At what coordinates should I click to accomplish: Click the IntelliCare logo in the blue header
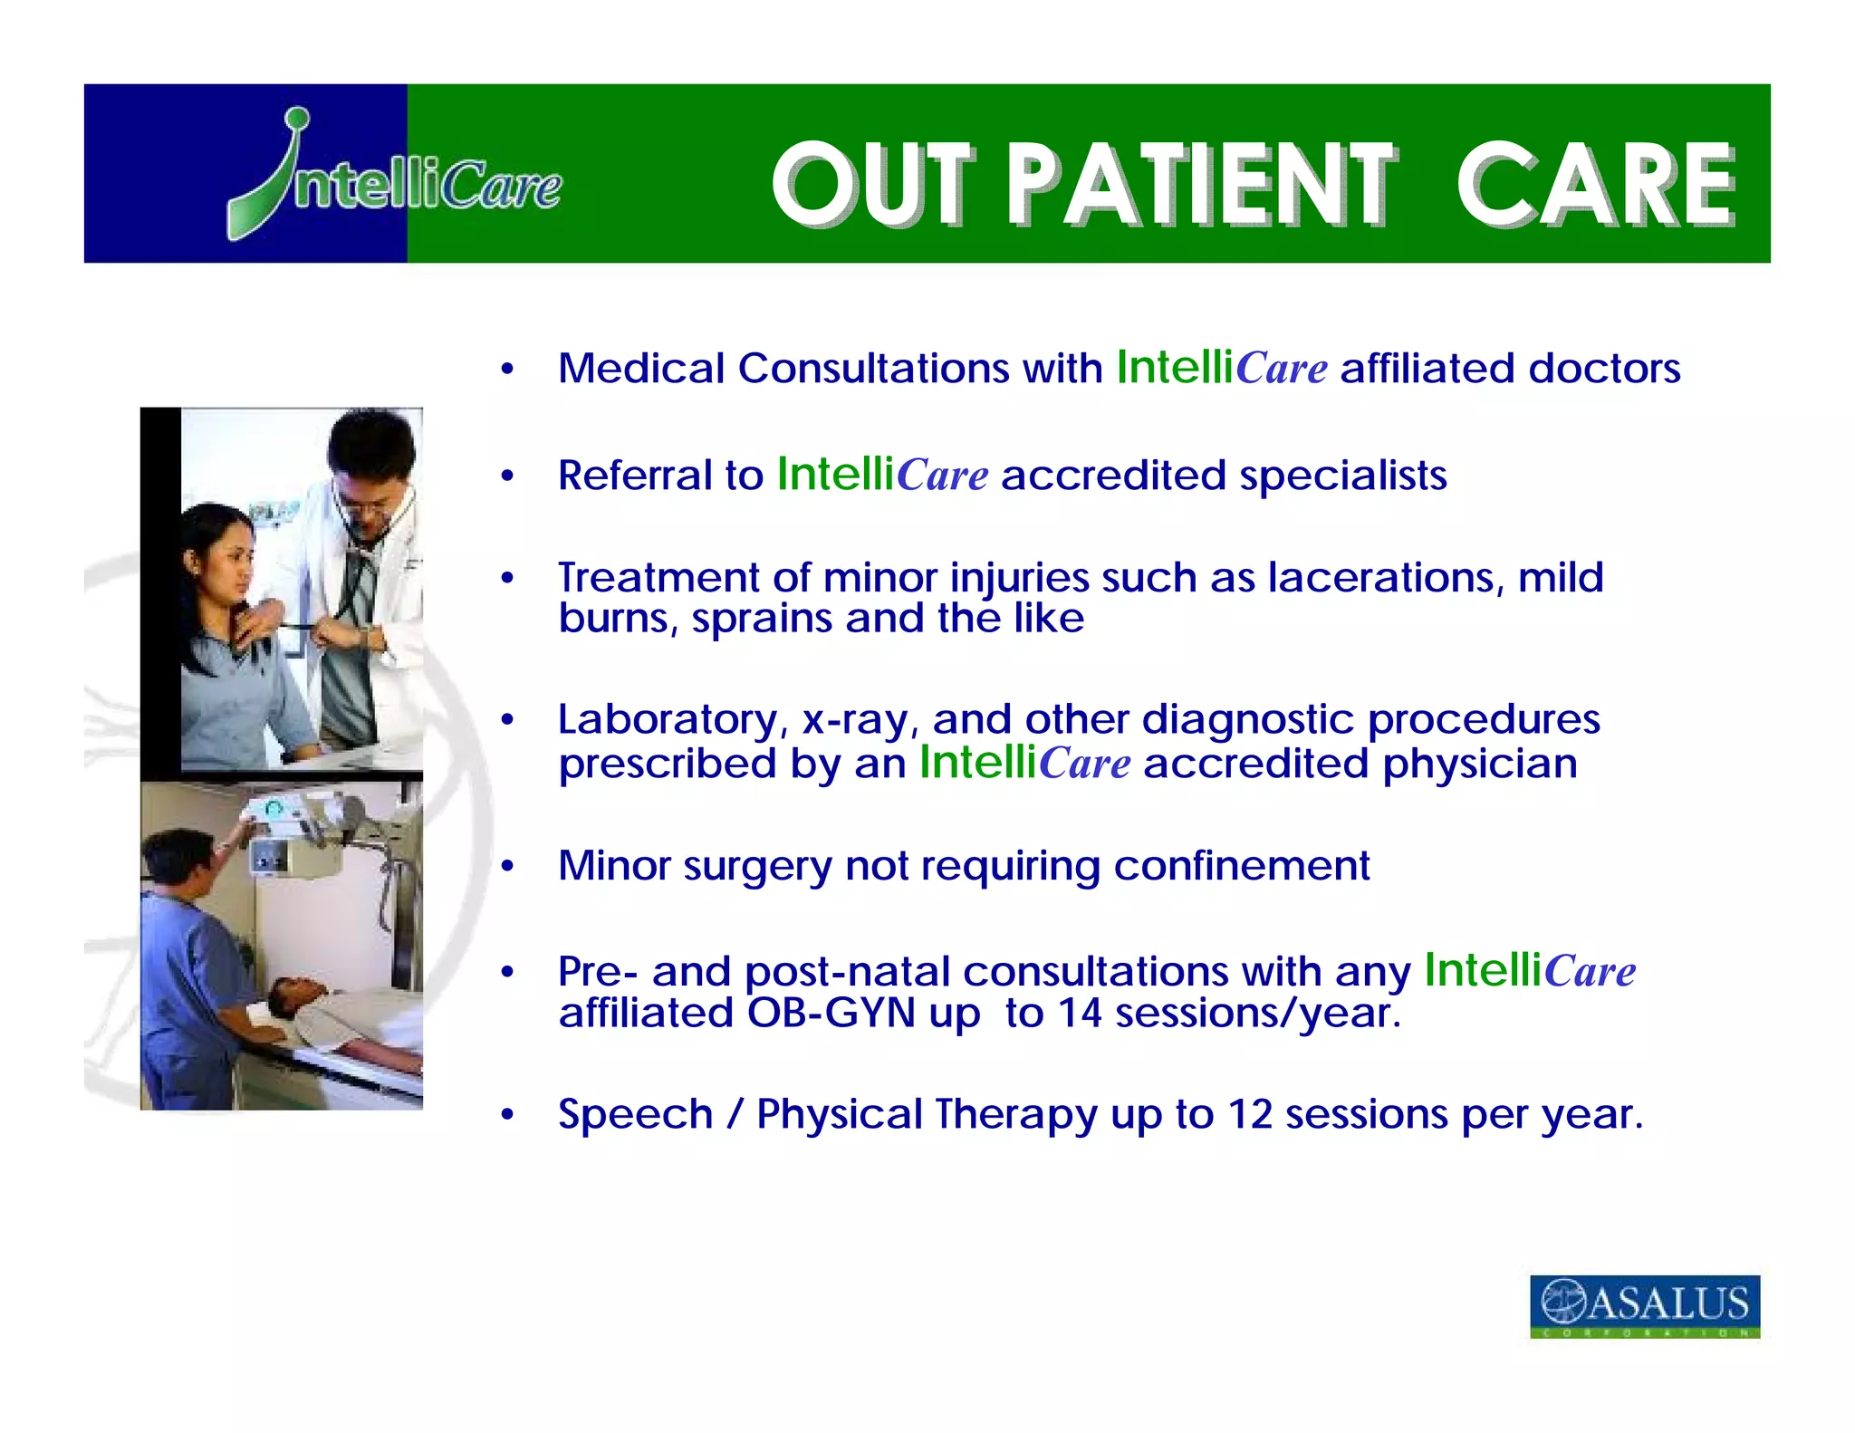tap(394, 177)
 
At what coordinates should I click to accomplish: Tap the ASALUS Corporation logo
tap(1644, 1305)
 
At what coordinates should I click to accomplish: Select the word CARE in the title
tap(1595, 185)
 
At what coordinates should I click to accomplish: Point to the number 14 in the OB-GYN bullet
tap(1079, 1013)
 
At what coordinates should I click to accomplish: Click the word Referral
tap(660, 476)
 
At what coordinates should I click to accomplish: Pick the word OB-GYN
tap(831, 1013)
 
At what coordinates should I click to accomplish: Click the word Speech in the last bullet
tap(635, 1114)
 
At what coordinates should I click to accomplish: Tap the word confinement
tap(1241, 866)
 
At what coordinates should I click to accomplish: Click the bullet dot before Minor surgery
tap(507, 867)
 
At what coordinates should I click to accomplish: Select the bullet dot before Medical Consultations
tap(507, 370)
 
